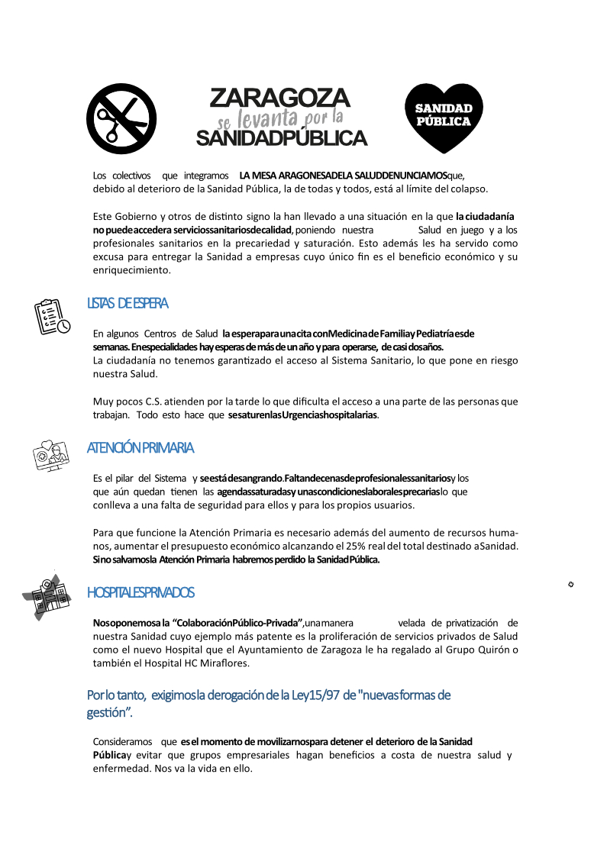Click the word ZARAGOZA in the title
(279, 98)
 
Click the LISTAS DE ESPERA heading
(128, 303)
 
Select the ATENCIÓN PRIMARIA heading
(140, 447)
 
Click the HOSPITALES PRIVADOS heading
(140, 592)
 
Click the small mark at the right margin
(571, 584)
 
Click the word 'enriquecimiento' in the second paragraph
(130, 270)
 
